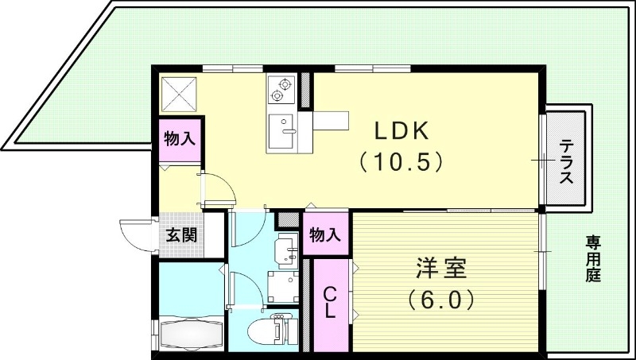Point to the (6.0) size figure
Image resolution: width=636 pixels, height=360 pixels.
(x=442, y=300)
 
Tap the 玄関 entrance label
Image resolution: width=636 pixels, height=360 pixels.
(x=181, y=235)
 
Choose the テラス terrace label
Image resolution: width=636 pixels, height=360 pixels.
(x=566, y=161)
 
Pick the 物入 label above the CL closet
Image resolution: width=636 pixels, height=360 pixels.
(x=325, y=235)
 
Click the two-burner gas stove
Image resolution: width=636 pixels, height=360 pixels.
(x=281, y=89)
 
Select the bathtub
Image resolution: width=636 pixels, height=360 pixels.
(x=191, y=332)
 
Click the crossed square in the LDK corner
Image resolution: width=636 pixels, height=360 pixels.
(x=180, y=94)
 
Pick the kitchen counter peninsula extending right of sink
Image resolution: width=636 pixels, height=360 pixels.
(x=330, y=121)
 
